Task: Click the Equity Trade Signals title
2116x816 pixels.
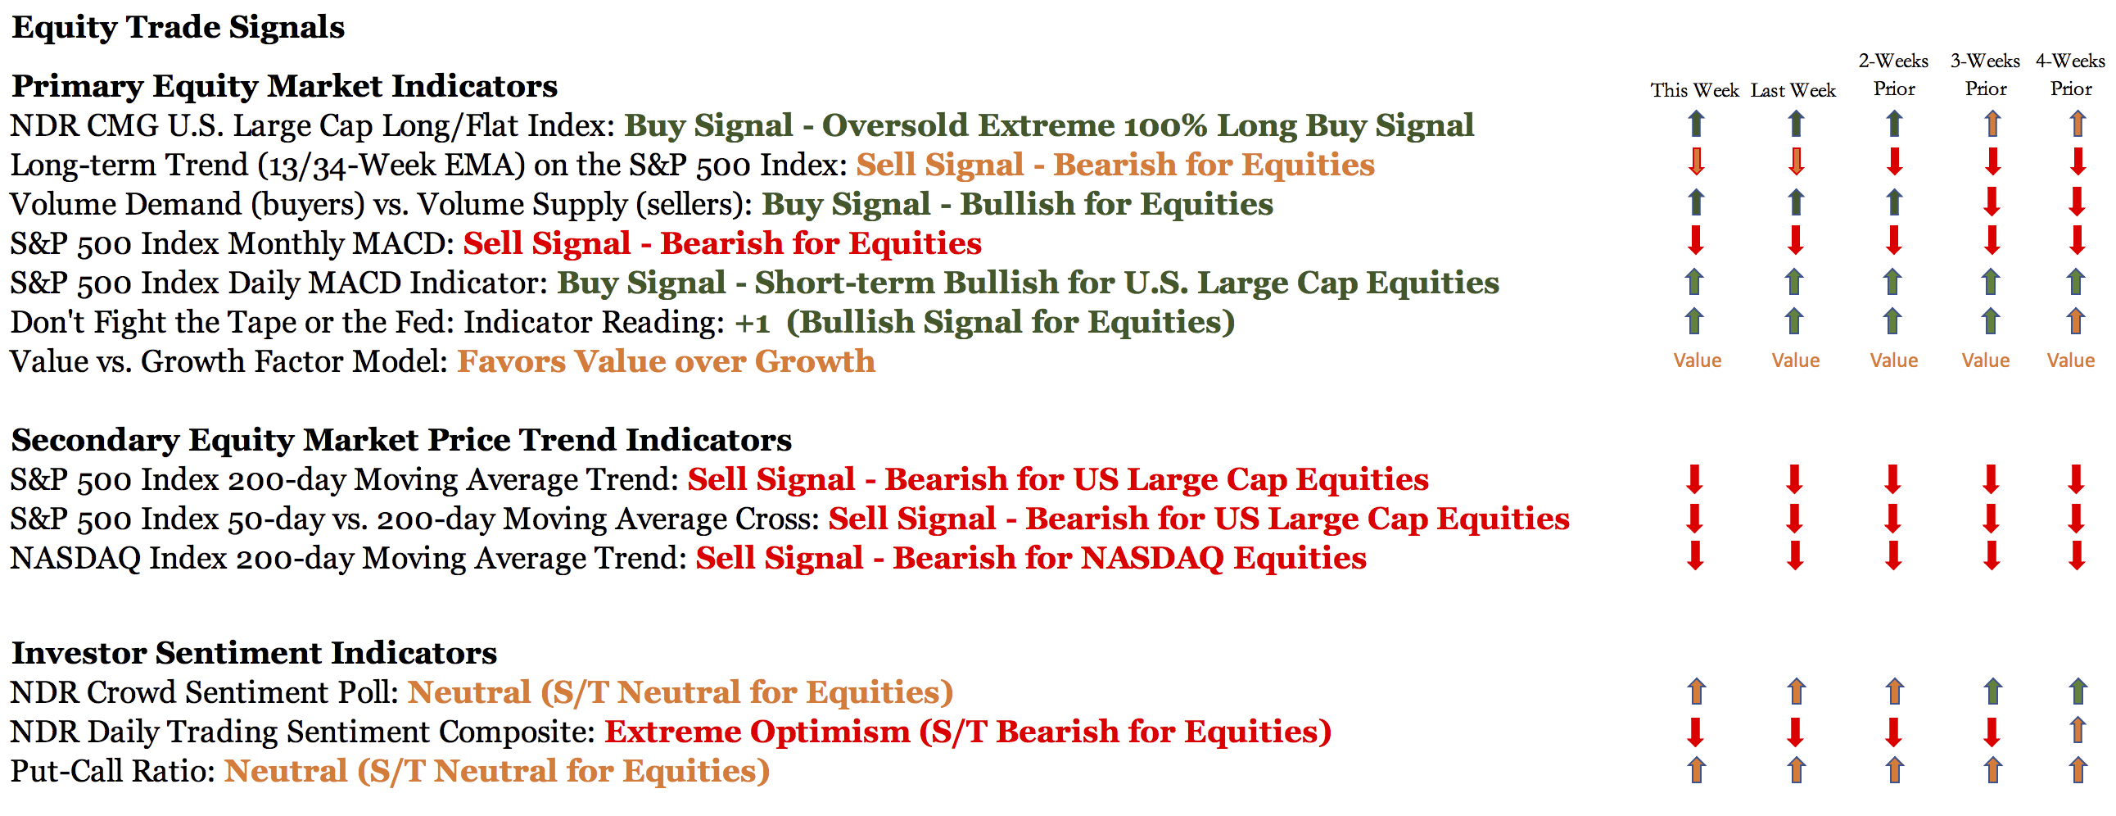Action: tap(179, 27)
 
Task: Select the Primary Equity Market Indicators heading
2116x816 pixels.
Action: tap(284, 86)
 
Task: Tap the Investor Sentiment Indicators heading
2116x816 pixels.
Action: tap(254, 653)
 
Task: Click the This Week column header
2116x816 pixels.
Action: tap(1694, 90)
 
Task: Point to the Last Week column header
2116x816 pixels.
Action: tap(1793, 90)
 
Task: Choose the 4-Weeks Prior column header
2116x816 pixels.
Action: tap(2070, 75)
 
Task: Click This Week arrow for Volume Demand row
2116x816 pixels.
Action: tap(1695, 202)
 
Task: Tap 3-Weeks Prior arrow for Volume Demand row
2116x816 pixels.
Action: tap(1992, 202)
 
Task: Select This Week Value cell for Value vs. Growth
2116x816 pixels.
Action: tap(1697, 360)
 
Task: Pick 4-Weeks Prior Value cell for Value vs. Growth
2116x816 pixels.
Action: tap(2071, 360)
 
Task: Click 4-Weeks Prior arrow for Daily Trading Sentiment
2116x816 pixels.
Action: tap(2078, 731)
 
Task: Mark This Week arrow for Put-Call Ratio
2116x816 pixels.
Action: tap(1696, 770)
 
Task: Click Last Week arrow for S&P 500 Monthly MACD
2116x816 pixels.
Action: tap(1796, 241)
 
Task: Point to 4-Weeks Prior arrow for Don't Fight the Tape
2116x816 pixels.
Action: tap(2076, 320)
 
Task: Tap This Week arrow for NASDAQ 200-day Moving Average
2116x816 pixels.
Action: tap(1695, 556)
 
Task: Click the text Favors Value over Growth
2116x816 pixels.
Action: tap(667, 361)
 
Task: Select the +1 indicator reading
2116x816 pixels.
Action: tap(752, 323)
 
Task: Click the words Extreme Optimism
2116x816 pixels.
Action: tap(757, 732)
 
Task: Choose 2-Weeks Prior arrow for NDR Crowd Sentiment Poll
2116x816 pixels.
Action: tap(1895, 691)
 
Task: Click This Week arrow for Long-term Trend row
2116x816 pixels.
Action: tap(1696, 161)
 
